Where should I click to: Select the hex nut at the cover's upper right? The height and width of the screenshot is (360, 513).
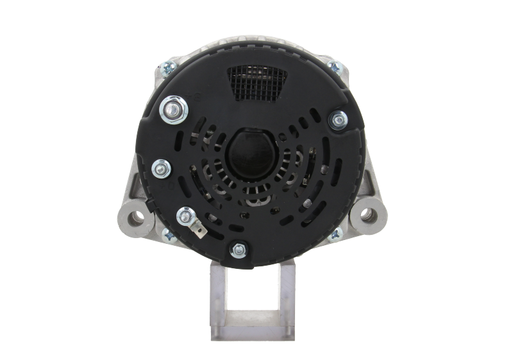[x=337, y=119]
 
